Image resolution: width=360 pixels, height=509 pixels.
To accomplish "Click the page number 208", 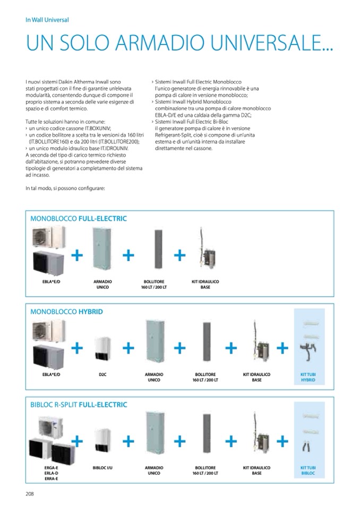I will point(30,493).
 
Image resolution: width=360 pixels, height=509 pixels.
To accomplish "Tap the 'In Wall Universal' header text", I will point(47,20).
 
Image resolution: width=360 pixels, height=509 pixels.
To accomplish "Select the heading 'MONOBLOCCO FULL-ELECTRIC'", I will point(79,218).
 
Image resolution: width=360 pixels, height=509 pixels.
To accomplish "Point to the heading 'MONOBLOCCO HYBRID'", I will point(66,312).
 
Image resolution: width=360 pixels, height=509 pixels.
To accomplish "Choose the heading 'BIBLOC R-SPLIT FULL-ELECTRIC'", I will point(79,405).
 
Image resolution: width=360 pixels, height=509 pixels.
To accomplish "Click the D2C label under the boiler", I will point(102,375).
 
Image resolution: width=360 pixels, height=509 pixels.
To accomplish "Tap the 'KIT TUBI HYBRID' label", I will point(308,377).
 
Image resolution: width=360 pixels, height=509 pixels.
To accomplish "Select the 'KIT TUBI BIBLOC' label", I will point(308,471).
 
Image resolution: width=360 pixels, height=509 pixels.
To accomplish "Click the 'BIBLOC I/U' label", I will point(102,468).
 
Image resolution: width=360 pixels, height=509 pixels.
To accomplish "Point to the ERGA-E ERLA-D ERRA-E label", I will point(52,473).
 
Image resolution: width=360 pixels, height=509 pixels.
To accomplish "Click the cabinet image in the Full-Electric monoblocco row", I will point(102,248).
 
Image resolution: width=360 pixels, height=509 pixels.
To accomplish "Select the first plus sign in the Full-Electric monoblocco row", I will point(77,255).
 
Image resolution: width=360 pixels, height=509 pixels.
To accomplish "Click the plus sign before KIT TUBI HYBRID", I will point(282,348).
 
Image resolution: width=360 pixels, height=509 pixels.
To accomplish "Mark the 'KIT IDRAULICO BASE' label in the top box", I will point(205,284).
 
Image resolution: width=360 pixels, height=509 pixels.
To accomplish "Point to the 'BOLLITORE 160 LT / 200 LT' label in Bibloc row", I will point(205,471).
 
